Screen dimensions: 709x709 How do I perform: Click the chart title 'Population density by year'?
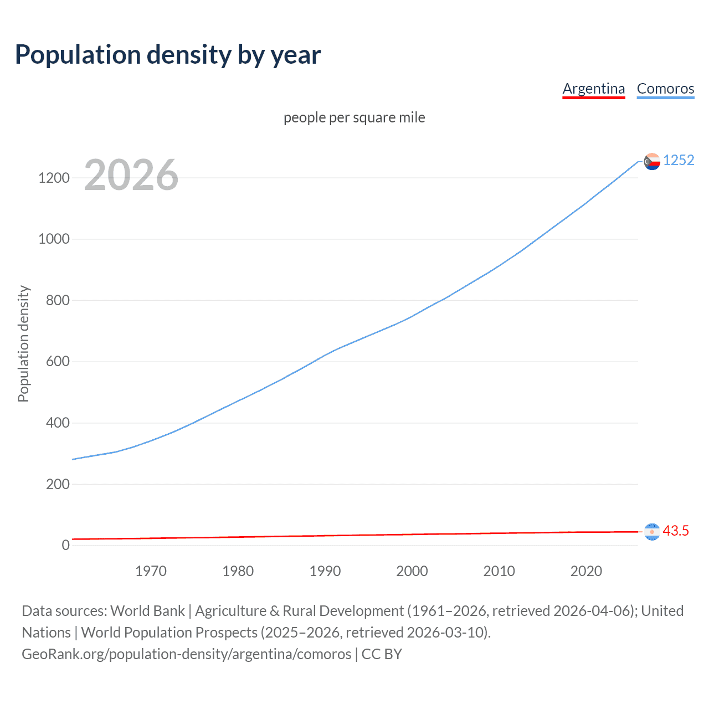click(168, 55)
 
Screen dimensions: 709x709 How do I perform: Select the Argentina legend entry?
click(593, 89)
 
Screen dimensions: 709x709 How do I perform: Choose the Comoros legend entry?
click(665, 89)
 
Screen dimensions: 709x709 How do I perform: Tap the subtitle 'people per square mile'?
click(354, 118)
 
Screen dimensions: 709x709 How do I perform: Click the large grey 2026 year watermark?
click(131, 175)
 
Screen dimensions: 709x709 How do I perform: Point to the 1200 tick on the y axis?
click(54, 178)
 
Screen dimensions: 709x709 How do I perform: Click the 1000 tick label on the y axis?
click(54, 239)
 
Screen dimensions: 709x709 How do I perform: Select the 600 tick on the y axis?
click(58, 362)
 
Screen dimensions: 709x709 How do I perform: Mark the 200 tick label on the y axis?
click(58, 484)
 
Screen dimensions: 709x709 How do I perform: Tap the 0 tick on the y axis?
click(66, 545)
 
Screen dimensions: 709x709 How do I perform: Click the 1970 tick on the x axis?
click(151, 571)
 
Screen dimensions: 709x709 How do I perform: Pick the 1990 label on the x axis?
click(325, 571)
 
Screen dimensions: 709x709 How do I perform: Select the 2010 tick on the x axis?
click(499, 571)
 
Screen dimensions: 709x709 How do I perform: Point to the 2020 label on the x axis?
click(586, 571)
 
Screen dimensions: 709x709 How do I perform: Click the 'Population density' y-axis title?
click(23, 343)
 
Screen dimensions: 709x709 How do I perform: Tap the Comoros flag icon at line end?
click(652, 161)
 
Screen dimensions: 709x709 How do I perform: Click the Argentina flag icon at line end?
click(652, 532)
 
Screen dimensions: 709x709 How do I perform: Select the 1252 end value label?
click(679, 160)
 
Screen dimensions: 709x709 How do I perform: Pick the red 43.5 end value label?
click(676, 531)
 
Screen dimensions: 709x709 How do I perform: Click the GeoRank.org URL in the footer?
click(186, 654)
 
